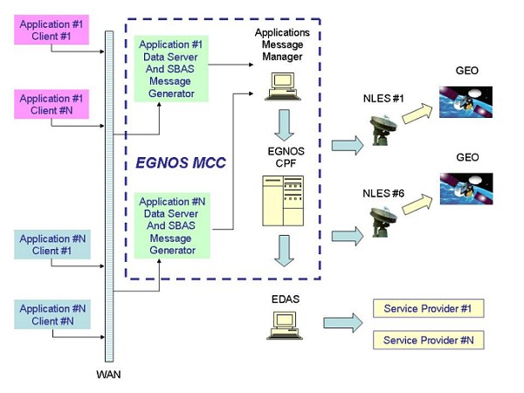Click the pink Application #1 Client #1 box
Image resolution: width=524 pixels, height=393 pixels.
pos(52,31)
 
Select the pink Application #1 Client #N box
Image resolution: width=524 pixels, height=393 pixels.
pos(52,105)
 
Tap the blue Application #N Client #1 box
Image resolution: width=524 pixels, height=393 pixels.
pos(52,245)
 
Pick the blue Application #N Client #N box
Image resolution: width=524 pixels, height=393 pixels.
pos(52,314)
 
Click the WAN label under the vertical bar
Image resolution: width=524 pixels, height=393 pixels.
pos(109,375)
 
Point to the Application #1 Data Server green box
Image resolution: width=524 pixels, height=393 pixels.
pos(171,68)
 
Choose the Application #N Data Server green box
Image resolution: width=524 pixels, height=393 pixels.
pos(171,225)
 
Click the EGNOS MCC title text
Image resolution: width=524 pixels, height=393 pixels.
pos(179,162)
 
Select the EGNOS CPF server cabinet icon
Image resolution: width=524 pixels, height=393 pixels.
pos(282,200)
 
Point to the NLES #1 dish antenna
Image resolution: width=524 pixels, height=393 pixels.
pos(383,129)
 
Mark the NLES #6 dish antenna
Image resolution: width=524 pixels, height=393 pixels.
pos(383,222)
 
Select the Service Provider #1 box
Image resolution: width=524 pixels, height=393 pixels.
pos(428,308)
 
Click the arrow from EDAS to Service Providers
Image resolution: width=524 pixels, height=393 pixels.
pos(342,322)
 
